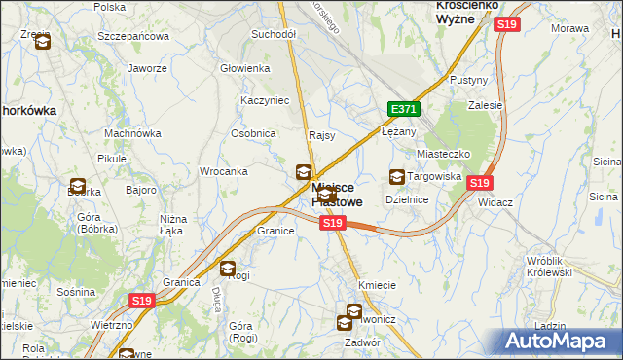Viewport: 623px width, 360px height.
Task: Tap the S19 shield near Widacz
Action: pyautogui.click(x=479, y=182)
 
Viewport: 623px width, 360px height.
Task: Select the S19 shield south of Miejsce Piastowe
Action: pyautogui.click(x=333, y=223)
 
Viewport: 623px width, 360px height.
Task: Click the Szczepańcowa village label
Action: pyautogui.click(x=133, y=36)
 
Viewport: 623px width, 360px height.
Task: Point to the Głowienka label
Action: pyautogui.click(x=244, y=68)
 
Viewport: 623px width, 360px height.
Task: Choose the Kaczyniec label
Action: pyautogui.click(x=261, y=100)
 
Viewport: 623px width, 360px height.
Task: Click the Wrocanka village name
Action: pyautogui.click(x=223, y=171)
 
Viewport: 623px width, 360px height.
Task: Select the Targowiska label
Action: pyautogui.click(x=433, y=176)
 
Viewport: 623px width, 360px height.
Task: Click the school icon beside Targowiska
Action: pyautogui.click(x=397, y=177)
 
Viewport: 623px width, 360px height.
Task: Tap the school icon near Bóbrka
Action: pyautogui.click(x=77, y=186)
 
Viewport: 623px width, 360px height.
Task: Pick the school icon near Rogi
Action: pyautogui.click(x=228, y=270)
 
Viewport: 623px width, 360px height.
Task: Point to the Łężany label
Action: pyautogui.click(x=399, y=130)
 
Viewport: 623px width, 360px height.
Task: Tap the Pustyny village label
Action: pyautogui.click(x=468, y=80)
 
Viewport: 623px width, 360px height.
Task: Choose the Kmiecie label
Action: pyautogui.click(x=377, y=285)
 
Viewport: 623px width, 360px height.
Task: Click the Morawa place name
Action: pyautogui.click(x=570, y=28)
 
